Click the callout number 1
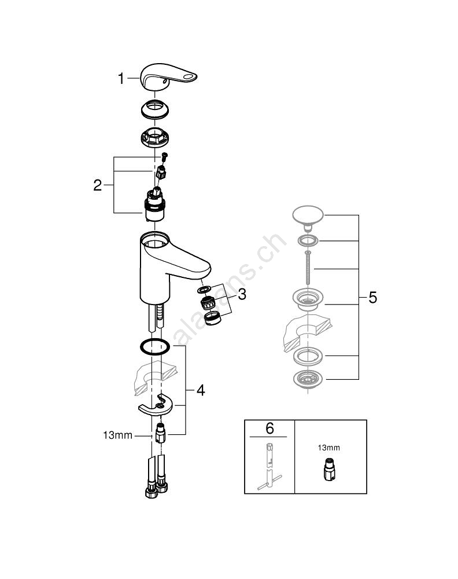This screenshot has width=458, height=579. [x=121, y=79]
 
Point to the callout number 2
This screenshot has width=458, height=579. [x=98, y=185]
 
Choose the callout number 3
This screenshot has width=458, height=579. [x=241, y=294]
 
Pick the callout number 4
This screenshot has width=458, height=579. [x=200, y=390]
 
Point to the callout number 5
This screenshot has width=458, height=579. [x=372, y=298]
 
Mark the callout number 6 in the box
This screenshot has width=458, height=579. [x=269, y=428]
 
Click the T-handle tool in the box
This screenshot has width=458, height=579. [x=269, y=463]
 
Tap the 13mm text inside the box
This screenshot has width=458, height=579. [x=328, y=448]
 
